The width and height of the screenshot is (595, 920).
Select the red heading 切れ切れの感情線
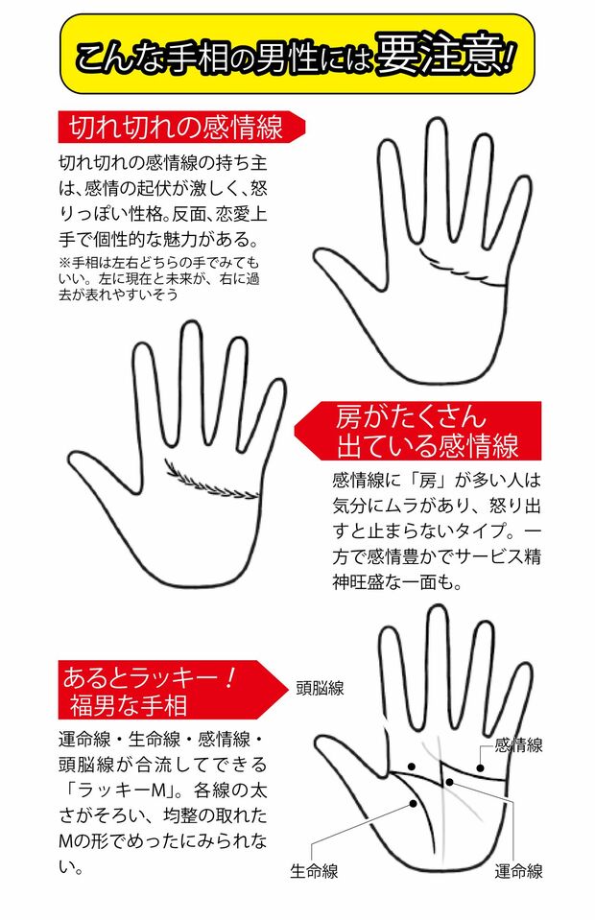tap(174, 127)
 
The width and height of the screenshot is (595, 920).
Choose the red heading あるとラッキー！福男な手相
tap(149, 691)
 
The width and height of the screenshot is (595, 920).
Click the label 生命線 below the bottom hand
tap(314, 871)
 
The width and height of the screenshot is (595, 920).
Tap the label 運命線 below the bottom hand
tap(518, 871)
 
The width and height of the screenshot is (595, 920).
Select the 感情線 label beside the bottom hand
tap(518, 744)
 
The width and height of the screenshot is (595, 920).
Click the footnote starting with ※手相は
tap(158, 278)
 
